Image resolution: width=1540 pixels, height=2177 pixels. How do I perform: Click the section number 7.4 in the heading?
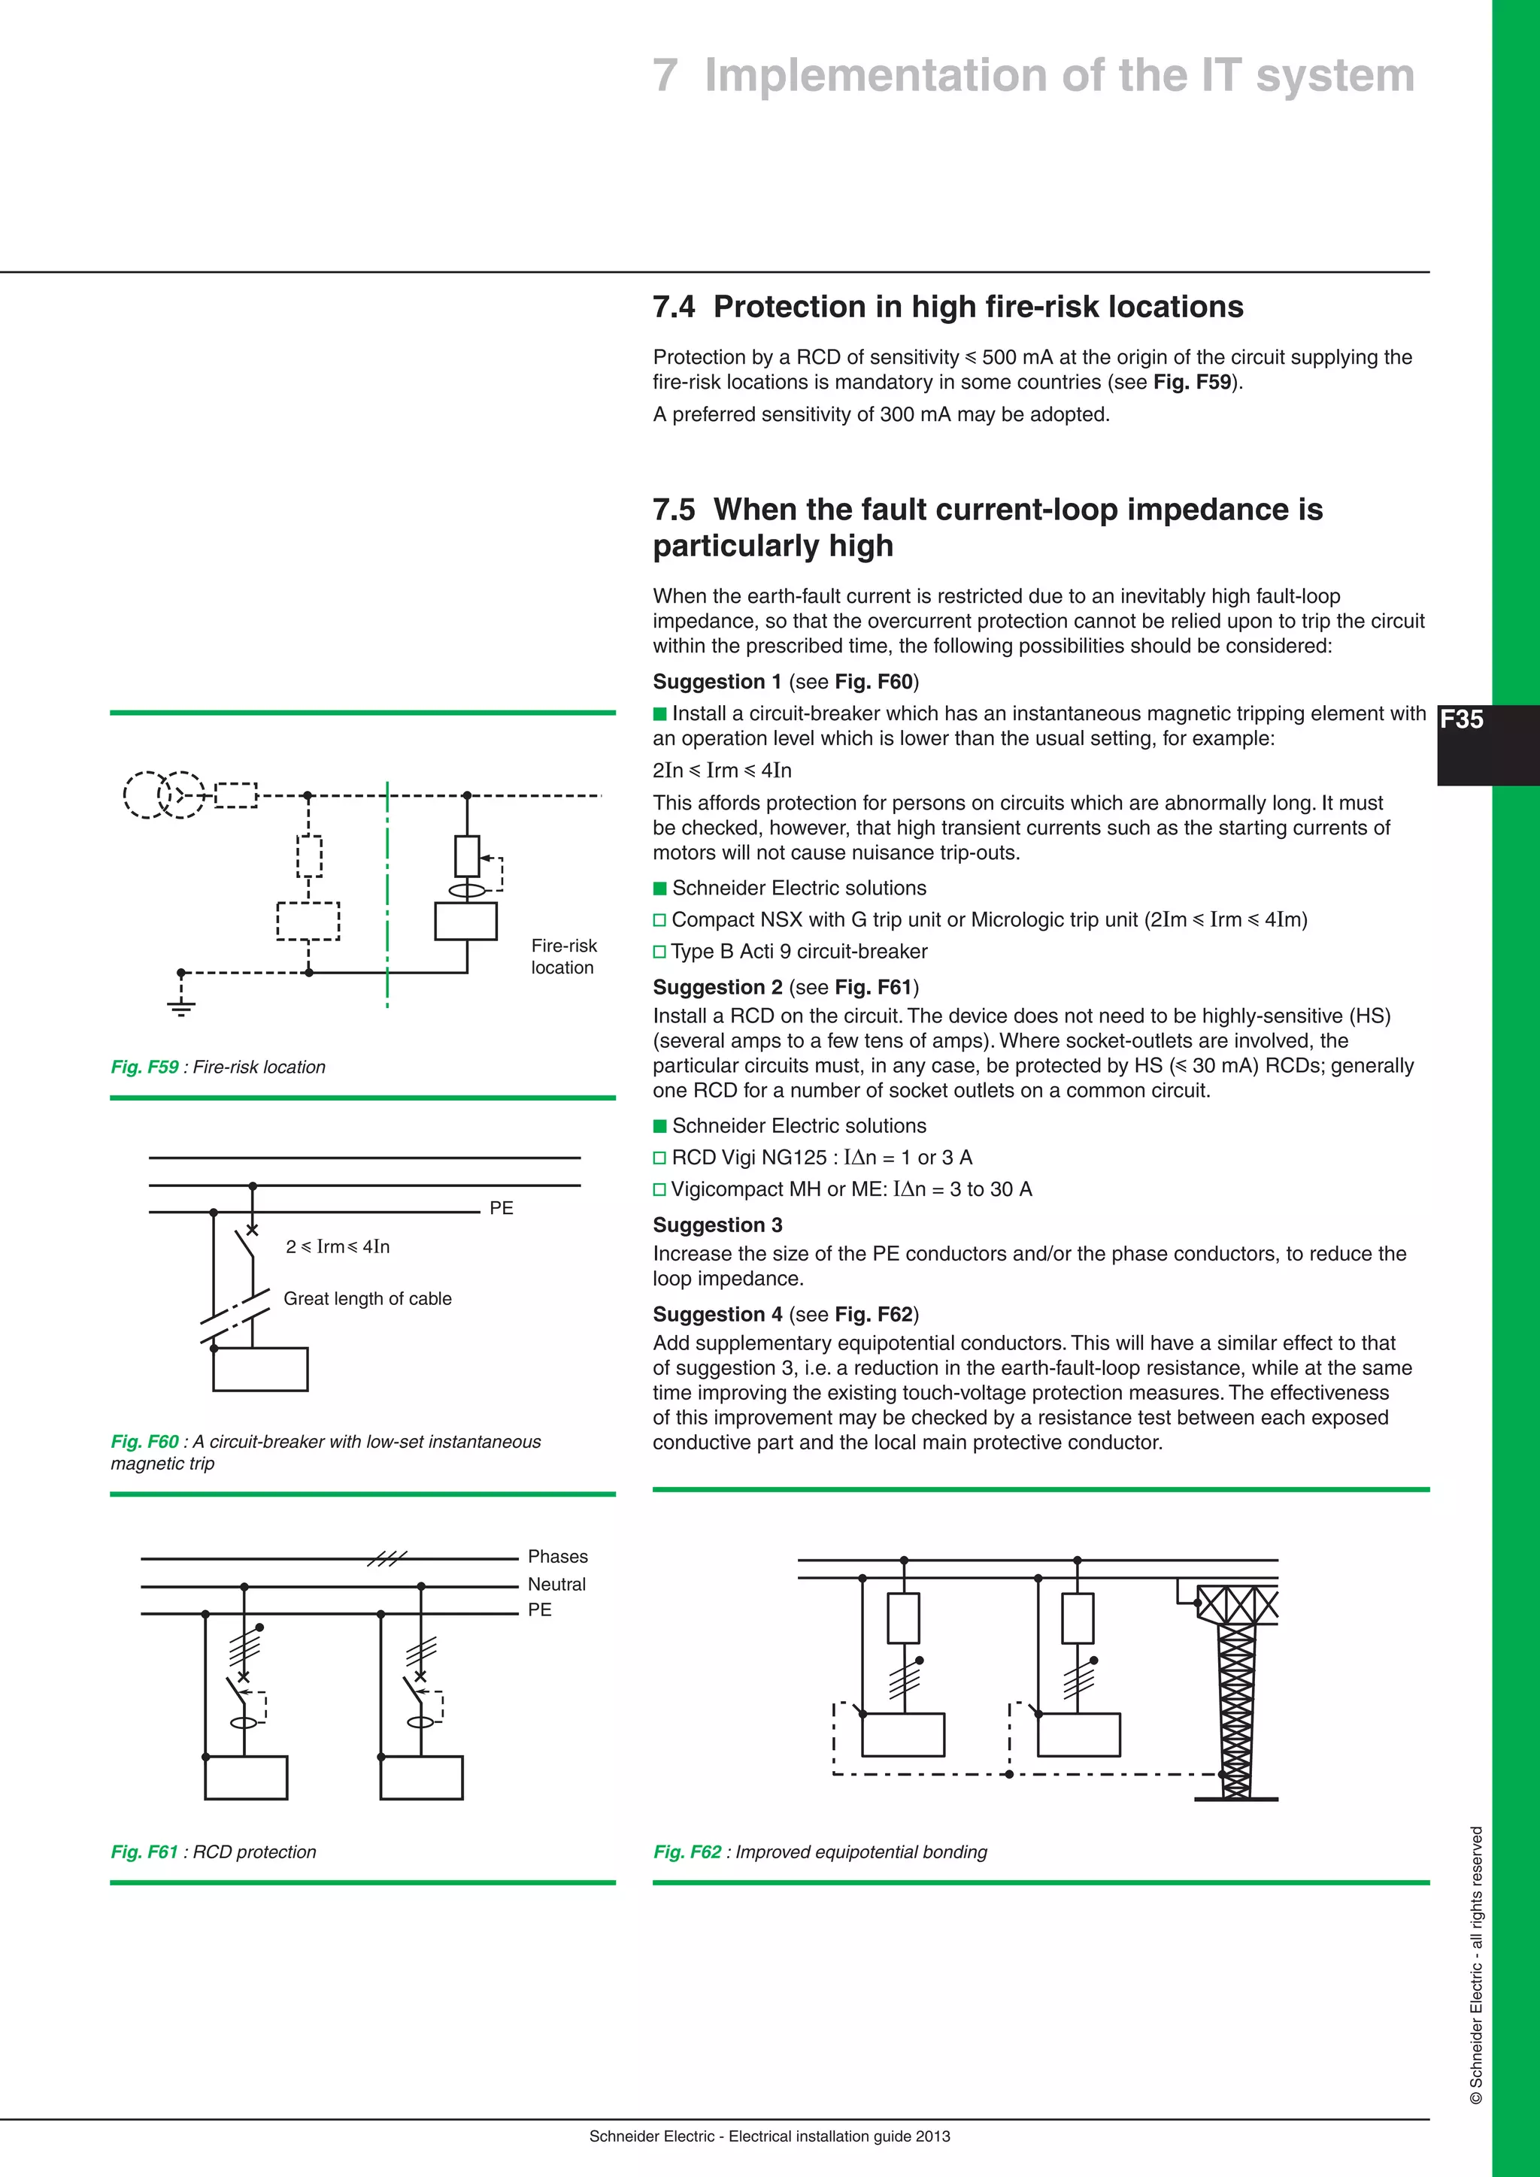click(x=673, y=307)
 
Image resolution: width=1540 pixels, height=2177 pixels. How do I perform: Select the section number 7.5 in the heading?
click(x=673, y=510)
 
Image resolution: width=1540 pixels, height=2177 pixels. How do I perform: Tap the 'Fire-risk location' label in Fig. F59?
click(x=563, y=957)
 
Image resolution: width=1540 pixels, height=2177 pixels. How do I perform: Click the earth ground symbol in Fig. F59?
click(x=181, y=1007)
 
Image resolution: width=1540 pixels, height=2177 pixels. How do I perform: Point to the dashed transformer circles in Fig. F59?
click(x=163, y=795)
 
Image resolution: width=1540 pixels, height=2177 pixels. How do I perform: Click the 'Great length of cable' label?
click(x=367, y=1299)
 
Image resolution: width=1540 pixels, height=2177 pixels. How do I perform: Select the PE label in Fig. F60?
click(x=501, y=1208)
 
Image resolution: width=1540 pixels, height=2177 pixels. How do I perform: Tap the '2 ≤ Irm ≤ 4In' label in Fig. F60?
click(x=338, y=1247)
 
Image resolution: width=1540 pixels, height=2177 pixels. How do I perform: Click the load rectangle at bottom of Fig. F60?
click(x=260, y=1369)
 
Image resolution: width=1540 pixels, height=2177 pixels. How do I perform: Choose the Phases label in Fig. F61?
click(x=558, y=1557)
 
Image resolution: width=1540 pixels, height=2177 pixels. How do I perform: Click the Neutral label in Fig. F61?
click(x=556, y=1585)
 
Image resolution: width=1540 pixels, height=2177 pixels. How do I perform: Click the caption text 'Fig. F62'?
click(x=687, y=1852)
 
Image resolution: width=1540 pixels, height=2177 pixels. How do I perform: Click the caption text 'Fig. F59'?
click(x=144, y=1067)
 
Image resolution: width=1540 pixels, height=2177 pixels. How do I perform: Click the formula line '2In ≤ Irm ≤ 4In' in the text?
click(x=722, y=771)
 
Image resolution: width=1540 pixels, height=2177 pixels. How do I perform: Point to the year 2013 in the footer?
click(x=933, y=2136)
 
